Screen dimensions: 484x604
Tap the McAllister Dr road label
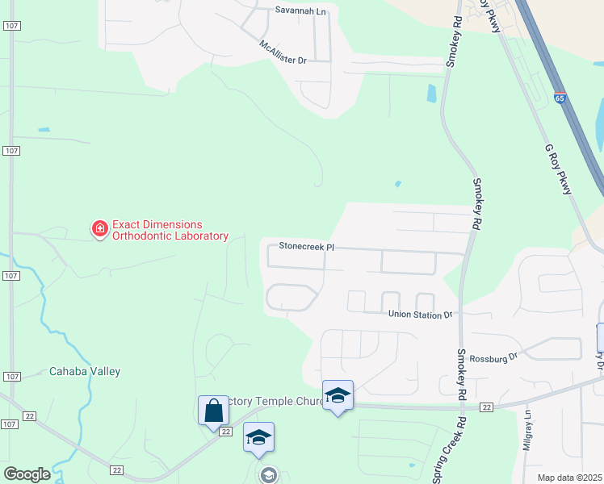click(x=283, y=53)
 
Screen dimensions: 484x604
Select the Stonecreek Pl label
click(x=306, y=245)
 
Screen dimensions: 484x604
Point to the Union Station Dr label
click(x=420, y=315)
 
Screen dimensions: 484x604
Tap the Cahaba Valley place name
click(x=85, y=372)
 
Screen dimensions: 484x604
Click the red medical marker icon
click(x=100, y=230)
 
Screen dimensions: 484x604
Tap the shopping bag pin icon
click(x=213, y=411)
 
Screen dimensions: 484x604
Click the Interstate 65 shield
click(x=560, y=98)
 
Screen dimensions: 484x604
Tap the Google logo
click(x=27, y=474)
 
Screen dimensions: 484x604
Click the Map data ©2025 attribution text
click(x=569, y=478)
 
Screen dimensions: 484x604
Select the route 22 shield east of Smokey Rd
click(x=486, y=407)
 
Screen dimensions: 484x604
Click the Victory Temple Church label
click(x=275, y=401)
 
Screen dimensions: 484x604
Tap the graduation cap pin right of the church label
click(x=338, y=395)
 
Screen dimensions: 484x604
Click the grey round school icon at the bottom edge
click(x=268, y=475)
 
